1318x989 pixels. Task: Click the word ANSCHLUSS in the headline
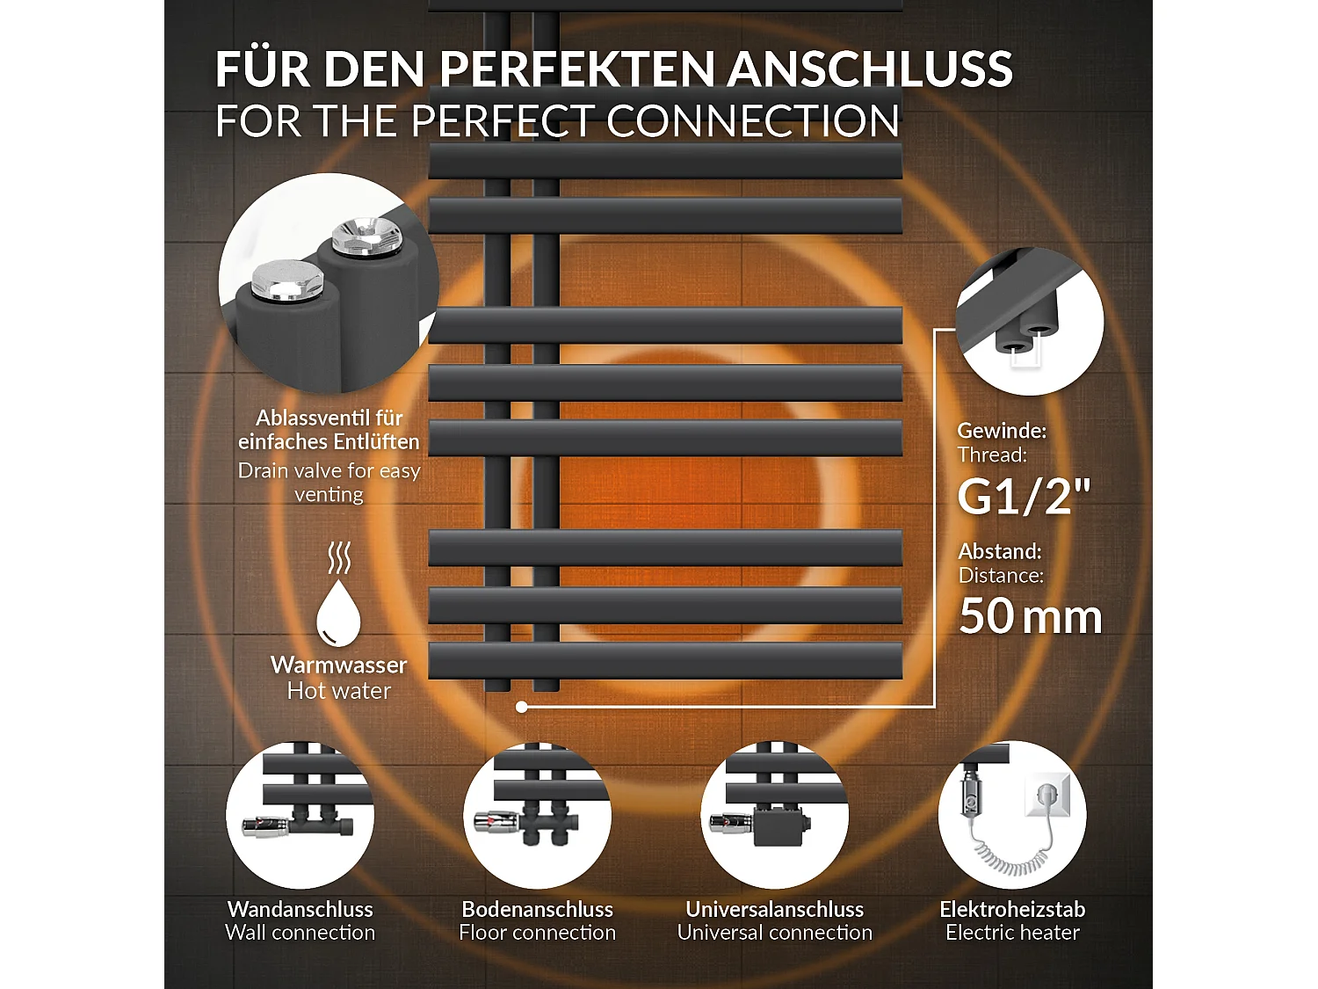tap(869, 69)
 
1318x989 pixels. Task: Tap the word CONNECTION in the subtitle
tap(753, 121)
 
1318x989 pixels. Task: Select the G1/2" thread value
tap(1023, 496)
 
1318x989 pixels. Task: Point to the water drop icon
tap(338, 612)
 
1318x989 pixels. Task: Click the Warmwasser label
tap(338, 665)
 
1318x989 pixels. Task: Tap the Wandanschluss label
tap(301, 909)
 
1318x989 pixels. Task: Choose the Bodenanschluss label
tap(538, 909)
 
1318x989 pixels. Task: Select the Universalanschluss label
tap(775, 909)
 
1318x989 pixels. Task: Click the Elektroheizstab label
tap(1012, 909)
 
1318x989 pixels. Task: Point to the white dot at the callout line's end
tap(522, 707)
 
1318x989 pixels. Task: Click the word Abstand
tap(1000, 551)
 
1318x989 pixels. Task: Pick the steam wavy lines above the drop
tap(339, 557)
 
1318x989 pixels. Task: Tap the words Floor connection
tap(538, 933)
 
